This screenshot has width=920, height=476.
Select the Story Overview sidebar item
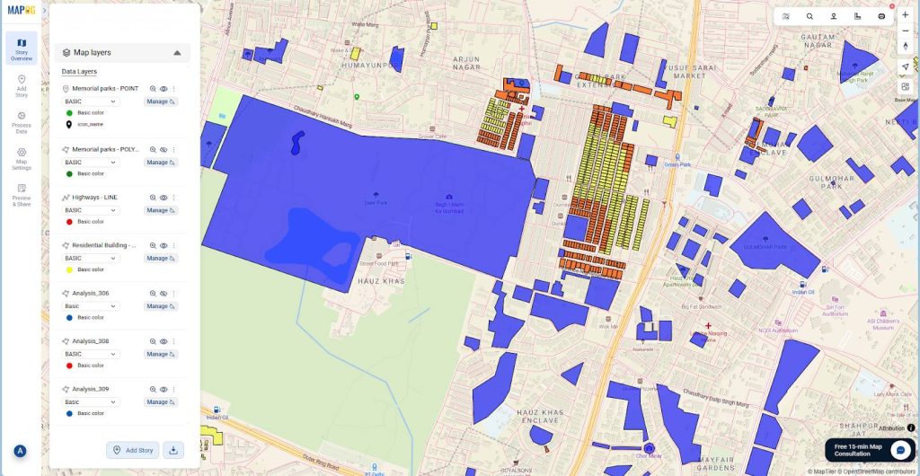point(22,48)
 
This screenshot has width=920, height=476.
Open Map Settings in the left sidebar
point(22,159)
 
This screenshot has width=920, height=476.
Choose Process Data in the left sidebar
point(22,122)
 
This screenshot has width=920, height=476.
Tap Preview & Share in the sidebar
point(22,195)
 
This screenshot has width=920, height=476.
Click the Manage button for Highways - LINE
point(161,210)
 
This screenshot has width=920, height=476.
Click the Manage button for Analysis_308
point(161,354)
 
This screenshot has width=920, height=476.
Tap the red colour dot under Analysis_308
point(69,366)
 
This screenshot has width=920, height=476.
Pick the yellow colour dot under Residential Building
point(69,269)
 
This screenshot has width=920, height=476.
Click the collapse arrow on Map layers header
point(177,53)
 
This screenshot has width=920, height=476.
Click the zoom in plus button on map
point(905,15)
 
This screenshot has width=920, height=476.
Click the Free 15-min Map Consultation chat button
point(900,450)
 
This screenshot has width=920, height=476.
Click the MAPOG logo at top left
point(22,11)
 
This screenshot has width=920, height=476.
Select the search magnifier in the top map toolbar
point(809,16)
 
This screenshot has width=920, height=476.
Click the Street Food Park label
point(378,263)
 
